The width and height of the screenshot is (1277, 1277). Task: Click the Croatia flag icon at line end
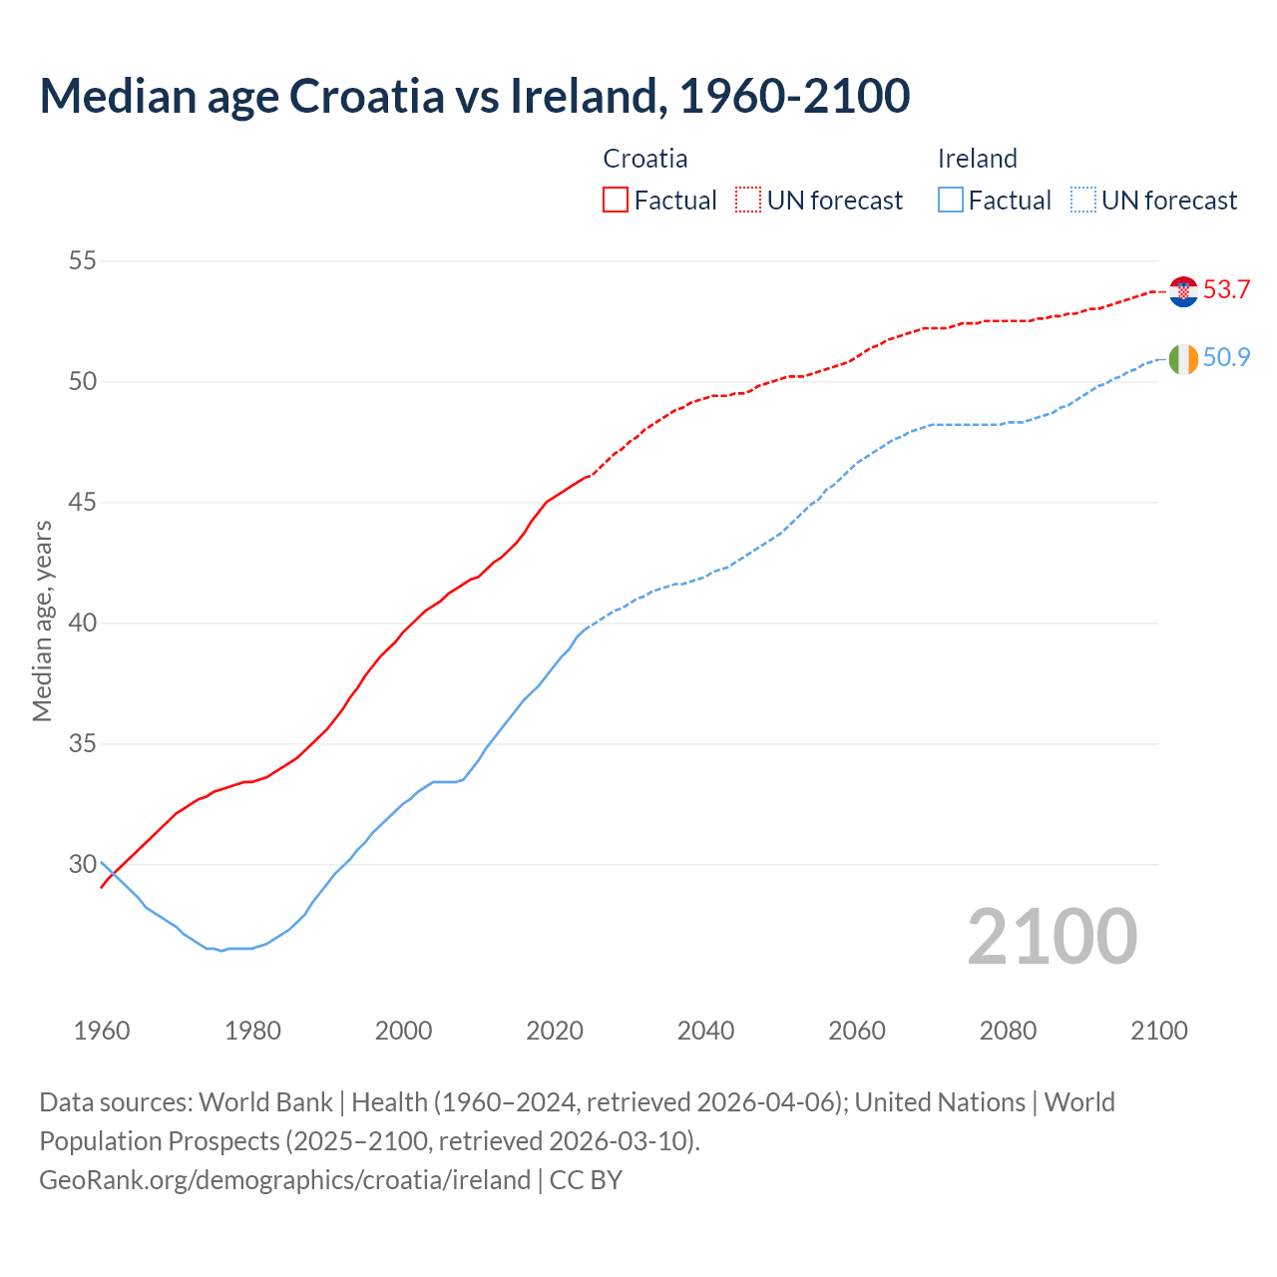(x=1183, y=291)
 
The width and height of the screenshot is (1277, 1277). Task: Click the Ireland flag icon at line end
(x=1183, y=358)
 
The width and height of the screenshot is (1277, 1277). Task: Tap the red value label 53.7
(x=1226, y=290)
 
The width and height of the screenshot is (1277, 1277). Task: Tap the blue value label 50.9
(x=1226, y=357)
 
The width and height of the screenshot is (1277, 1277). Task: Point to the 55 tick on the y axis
(x=82, y=261)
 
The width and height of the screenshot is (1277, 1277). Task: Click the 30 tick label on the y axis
(x=82, y=865)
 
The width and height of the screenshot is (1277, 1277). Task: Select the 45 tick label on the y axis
(x=82, y=503)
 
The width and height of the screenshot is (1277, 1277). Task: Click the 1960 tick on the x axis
(x=102, y=1031)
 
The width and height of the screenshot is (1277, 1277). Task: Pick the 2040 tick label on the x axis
(x=705, y=1031)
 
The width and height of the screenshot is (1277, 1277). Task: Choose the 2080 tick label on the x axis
(x=1008, y=1031)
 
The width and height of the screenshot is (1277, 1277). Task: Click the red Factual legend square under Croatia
(x=616, y=201)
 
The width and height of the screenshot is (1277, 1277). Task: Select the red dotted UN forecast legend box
(x=748, y=201)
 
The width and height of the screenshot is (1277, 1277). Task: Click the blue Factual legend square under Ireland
(x=951, y=201)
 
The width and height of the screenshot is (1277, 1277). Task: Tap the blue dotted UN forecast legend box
(x=1083, y=201)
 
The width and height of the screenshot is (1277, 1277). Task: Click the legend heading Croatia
(x=645, y=159)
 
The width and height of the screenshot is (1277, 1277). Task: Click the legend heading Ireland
(x=977, y=159)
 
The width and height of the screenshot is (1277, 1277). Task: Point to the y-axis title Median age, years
(x=42, y=621)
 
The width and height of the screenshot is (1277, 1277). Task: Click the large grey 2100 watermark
(x=1052, y=936)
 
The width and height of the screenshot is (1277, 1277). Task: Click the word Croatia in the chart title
(x=366, y=96)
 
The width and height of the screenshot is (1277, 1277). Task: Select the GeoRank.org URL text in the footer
(x=284, y=1180)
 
